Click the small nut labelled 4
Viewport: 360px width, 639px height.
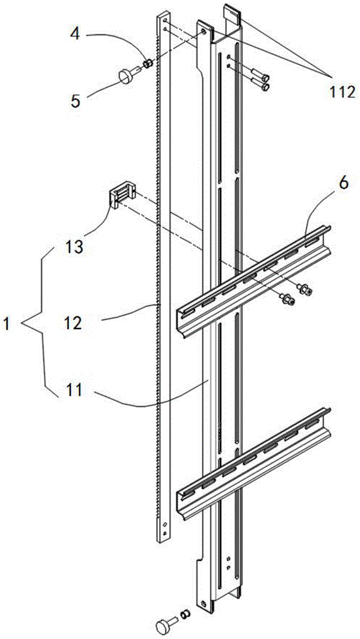[x=149, y=63]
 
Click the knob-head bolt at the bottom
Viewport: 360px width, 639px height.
[x=165, y=623]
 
